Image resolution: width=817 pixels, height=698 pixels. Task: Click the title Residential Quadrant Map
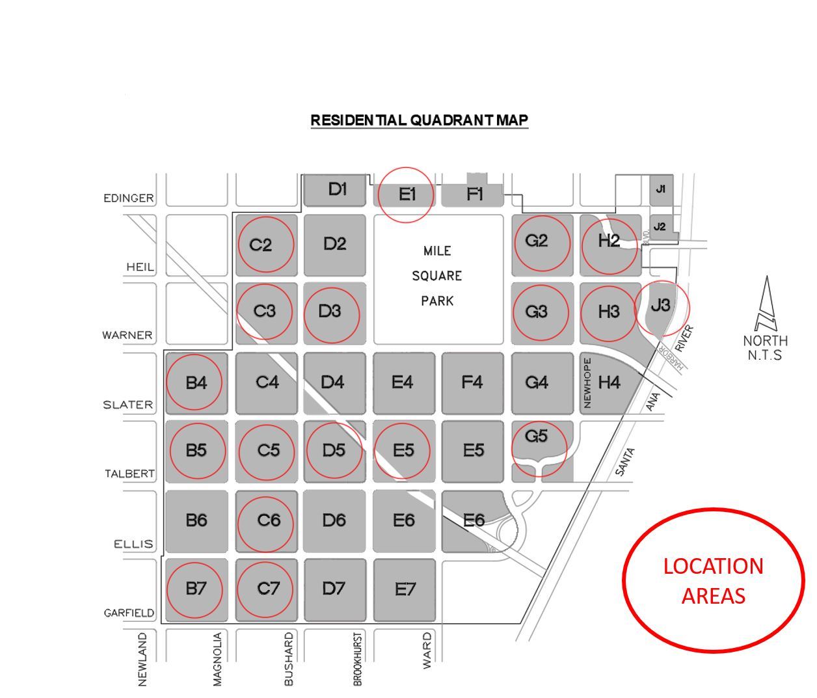point(419,120)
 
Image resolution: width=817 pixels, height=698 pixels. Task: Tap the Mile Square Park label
point(437,276)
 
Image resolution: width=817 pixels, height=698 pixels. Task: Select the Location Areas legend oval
point(714,580)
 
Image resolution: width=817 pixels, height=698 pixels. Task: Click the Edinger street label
point(129,198)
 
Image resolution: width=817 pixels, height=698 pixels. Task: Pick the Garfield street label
point(129,613)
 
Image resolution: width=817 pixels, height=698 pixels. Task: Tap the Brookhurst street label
point(357,659)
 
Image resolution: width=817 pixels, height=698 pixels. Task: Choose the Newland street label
point(143,659)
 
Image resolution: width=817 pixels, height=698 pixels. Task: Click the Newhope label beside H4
point(587,383)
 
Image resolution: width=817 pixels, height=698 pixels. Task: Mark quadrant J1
point(661,189)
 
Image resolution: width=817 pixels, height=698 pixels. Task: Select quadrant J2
point(660,227)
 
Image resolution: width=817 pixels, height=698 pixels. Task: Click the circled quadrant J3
point(661,306)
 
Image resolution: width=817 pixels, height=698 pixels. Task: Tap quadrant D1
point(337,190)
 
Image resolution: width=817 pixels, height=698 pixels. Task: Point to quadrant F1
point(475,194)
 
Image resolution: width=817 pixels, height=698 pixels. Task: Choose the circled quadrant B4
point(195,383)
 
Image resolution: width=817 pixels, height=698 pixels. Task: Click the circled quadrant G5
point(537,442)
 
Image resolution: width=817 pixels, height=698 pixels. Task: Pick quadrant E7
point(405,589)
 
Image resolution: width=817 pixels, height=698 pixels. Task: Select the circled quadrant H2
point(609,242)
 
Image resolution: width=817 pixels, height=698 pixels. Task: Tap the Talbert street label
point(130,474)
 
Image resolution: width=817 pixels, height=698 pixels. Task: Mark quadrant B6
point(196,520)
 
